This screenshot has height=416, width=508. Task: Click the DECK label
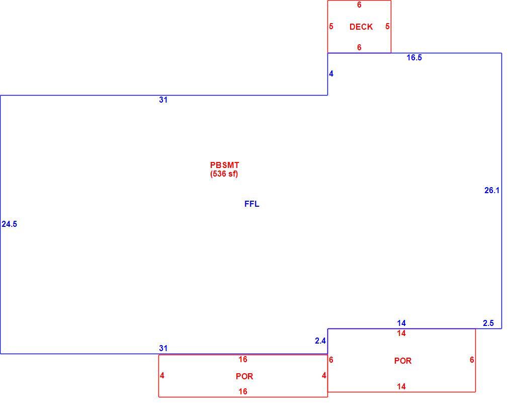click(361, 27)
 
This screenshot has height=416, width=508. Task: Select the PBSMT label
click(224, 165)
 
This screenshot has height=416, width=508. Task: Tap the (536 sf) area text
click(224, 174)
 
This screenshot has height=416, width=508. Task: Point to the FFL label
click(251, 204)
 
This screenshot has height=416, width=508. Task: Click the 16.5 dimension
click(414, 58)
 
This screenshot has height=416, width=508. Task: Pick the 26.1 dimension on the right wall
click(492, 191)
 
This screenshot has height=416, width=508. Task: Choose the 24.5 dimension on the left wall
click(10, 224)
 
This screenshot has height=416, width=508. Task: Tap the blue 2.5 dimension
click(488, 323)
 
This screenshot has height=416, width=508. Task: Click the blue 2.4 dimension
click(320, 341)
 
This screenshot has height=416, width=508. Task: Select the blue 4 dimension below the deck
click(331, 74)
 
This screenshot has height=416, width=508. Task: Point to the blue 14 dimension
click(401, 323)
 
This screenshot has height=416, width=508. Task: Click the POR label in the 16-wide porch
click(244, 376)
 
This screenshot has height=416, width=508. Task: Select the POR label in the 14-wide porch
click(403, 361)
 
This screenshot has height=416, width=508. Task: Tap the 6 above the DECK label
click(359, 5)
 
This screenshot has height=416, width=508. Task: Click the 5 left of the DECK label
click(331, 26)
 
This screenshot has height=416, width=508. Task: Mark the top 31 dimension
click(163, 100)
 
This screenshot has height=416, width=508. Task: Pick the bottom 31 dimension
click(163, 348)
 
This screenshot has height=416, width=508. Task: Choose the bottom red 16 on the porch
click(243, 392)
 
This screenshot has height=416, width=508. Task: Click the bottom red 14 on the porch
click(401, 386)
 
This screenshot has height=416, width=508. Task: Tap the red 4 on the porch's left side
click(162, 375)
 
